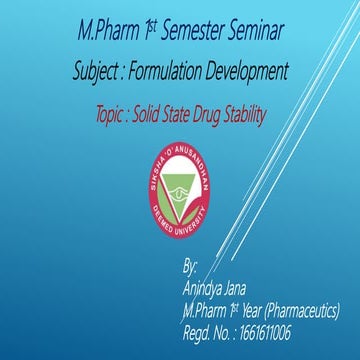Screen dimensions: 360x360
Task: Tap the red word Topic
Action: [108, 115]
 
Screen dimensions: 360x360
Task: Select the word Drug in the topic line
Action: [215, 115]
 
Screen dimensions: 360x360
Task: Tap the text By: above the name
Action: [191, 269]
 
